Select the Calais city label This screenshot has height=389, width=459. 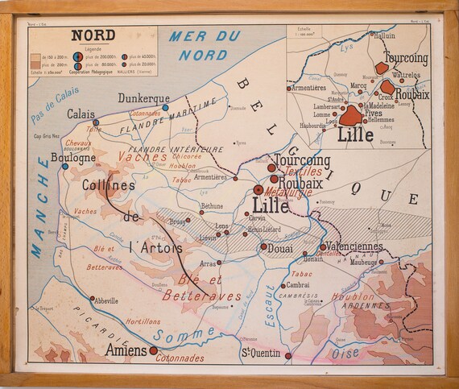click(x=81, y=114)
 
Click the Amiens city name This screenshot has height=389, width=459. click(x=126, y=350)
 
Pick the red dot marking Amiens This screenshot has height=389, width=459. click(x=153, y=350)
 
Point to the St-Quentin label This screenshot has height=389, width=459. click(x=261, y=353)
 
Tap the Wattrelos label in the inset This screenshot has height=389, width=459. click(x=405, y=74)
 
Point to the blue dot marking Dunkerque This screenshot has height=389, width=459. click(x=165, y=106)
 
